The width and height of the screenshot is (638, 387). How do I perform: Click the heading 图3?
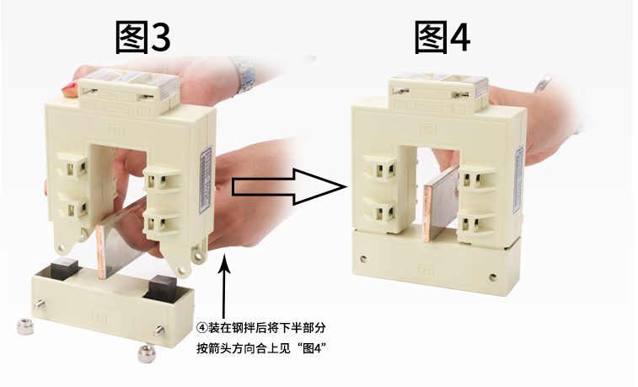pos(142,37)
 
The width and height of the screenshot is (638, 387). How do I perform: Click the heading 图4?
pos(442,37)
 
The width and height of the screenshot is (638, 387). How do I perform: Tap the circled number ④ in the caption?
pos(201,328)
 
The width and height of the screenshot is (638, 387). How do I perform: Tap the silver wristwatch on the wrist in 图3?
pos(244,75)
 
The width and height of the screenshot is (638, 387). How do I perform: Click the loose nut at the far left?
pos(25,326)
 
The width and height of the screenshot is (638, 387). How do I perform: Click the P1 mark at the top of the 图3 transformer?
pos(117,130)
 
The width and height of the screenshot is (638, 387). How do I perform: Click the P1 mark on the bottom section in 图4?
pos(426,269)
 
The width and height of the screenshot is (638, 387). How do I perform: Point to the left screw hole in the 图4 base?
pos(363,258)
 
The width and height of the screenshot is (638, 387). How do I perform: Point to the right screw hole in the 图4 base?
pos(493,277)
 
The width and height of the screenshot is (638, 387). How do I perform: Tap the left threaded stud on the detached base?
pos(40,305)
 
